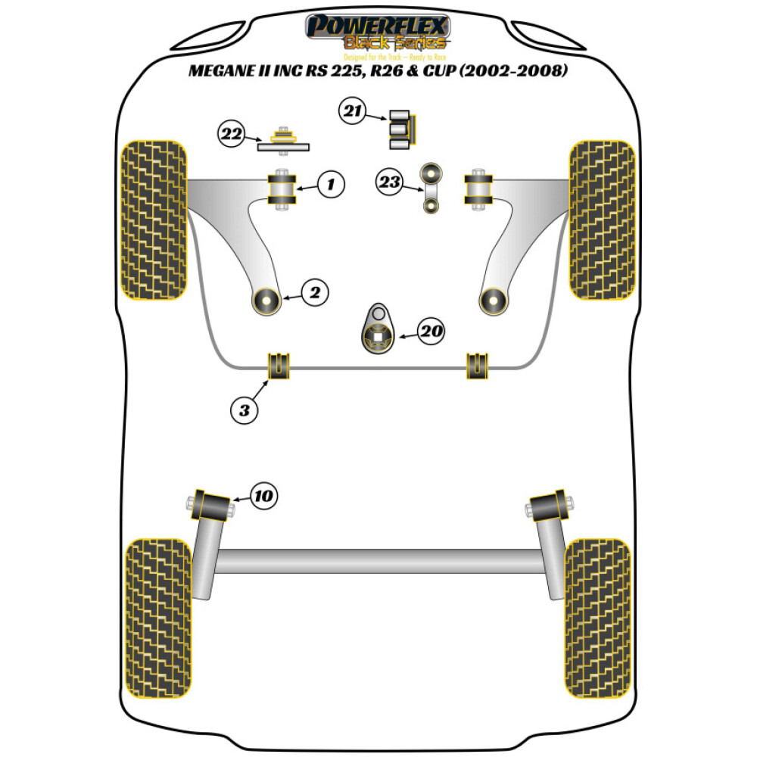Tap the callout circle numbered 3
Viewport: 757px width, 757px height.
click(x=244, y=410)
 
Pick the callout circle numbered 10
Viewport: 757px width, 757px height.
click(x=263, y=497)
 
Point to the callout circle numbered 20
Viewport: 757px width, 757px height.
click(x=431, y=331)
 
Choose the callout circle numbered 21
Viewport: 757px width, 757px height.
click(x=351, y=114)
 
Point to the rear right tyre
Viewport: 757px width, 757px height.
click(x=597, y=619)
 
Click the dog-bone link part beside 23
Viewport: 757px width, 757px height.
click(x=432, y=188)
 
